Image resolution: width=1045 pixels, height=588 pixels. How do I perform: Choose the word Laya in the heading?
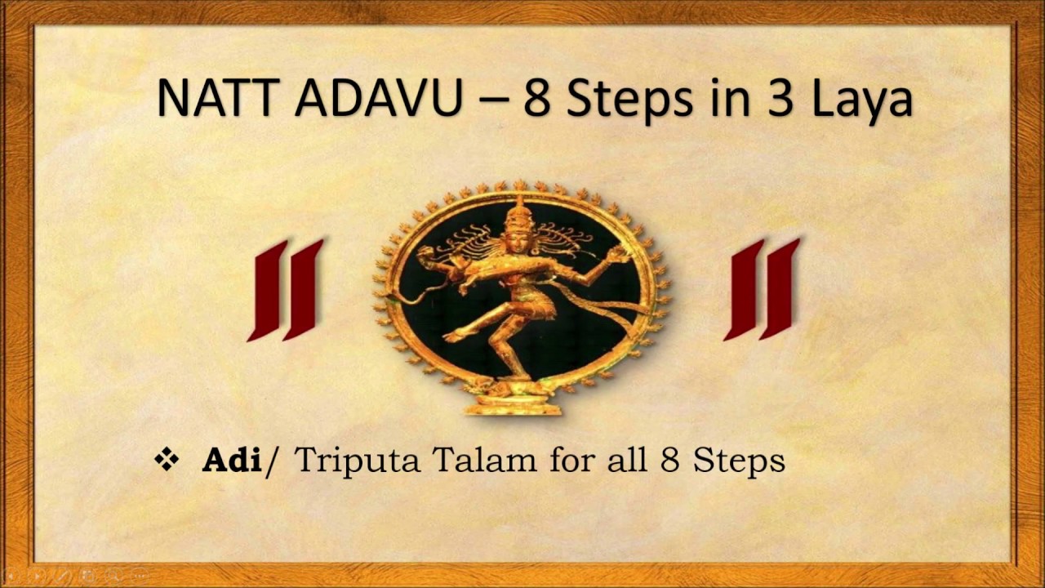(x=858, y=100)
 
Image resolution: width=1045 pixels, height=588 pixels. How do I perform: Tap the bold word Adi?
(x=231, y=461)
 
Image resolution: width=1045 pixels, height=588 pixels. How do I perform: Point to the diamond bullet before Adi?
(x=167, y=460)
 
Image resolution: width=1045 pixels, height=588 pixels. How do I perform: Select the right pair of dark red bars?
(x=762, y=290)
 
